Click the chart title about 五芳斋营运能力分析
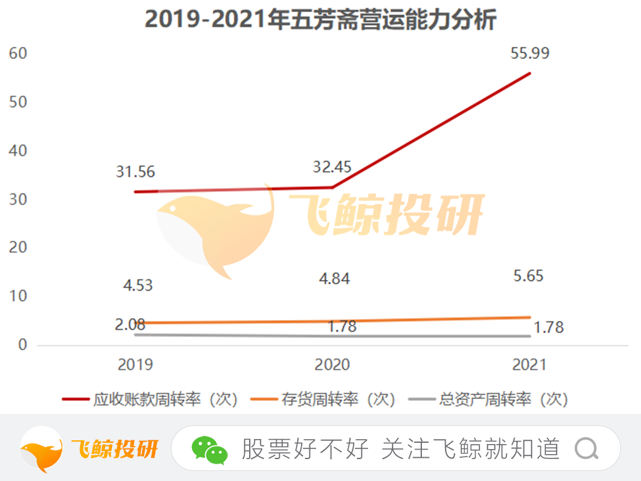(x=320, y=19)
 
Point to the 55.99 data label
(x=530, y=54)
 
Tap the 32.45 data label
(x=332, y=167)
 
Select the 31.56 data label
(x=135, y=172)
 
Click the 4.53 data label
(x=138, y=286)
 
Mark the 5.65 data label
(x=530, y=276)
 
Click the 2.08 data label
(x=130, y=324)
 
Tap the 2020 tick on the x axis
(x=332, y=365)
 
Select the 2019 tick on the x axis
(x=135, y=365)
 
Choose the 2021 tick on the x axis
(x=530, y=365)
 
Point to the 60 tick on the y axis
(x=19, y=53)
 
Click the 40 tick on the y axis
(x=19, y=151)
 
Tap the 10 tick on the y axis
(x=19, y=296)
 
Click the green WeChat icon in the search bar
(x=209, y=449)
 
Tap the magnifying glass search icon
(x=587, y=448)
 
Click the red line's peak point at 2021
(x=530, y=73)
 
